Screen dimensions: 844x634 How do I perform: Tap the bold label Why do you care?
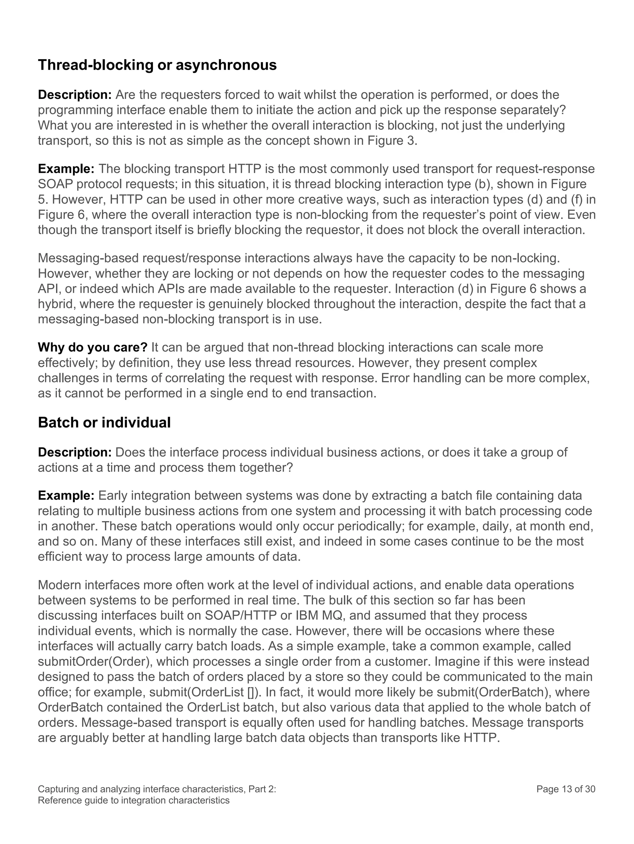pyautogui.click(x=92, y=348)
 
